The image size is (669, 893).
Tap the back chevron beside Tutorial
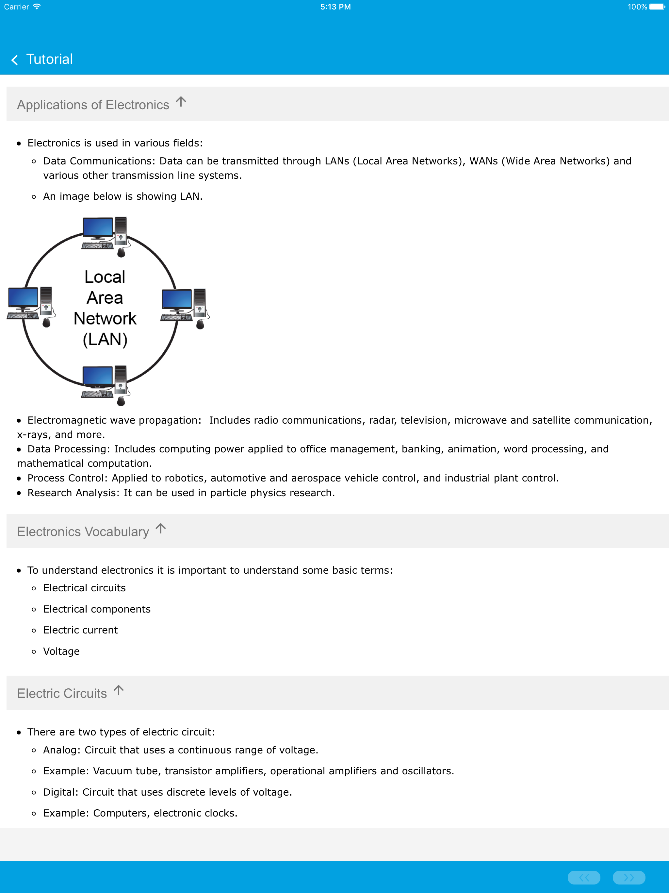[14, 60]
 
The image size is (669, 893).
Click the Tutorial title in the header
[49, 59]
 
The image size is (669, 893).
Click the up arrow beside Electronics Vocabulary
[161, 529]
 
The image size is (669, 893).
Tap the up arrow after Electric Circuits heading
[119, 690]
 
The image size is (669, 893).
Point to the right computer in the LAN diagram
[184, 308]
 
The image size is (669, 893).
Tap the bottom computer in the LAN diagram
[105, 384]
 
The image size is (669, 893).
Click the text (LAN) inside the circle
[105, 339]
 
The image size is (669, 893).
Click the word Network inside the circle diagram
[105, 318]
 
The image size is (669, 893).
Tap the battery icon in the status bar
[657, 7]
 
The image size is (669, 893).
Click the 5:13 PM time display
[335, 7]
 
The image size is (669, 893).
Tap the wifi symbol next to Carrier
[37, 7]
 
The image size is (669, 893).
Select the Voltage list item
[61, 651]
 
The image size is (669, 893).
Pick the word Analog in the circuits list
[60, 750]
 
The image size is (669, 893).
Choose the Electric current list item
[80, 630]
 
